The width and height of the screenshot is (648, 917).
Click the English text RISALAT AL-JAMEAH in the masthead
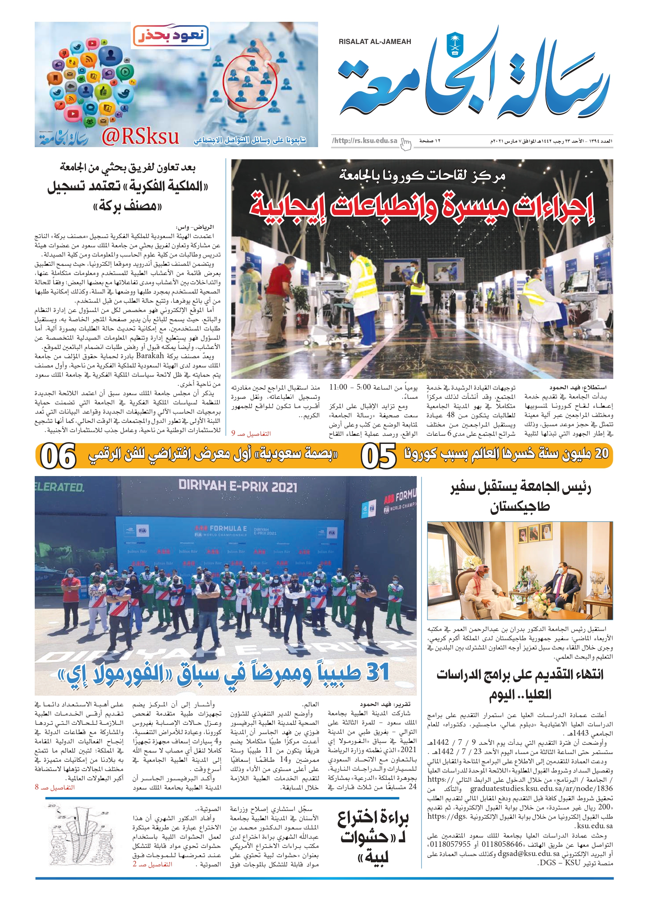[x=375, y=41]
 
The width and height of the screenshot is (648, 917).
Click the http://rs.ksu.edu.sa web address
[x=365, y=140]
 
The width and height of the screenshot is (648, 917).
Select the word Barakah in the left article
[x=150, y=356]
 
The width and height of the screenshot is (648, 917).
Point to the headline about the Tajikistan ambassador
[x=520, y=496]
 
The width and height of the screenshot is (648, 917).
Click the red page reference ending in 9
[x=251, y=433]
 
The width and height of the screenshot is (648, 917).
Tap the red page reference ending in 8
[x=55, y=787]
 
